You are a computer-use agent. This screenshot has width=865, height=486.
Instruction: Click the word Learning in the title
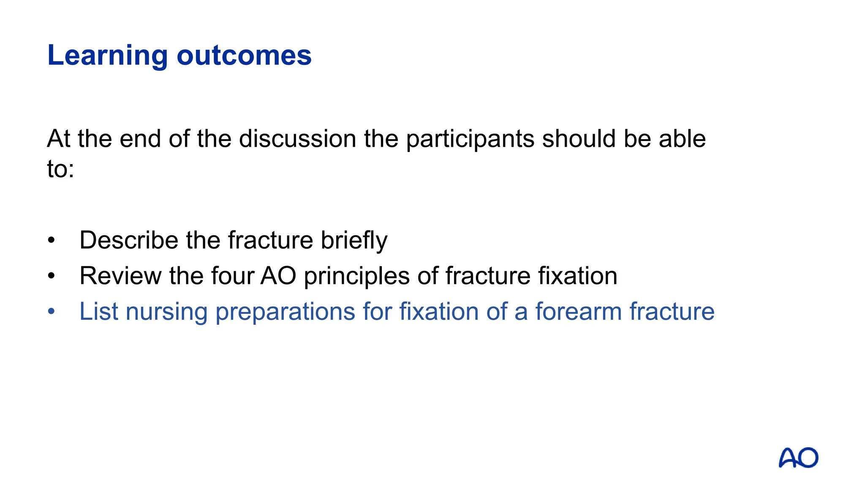click(x=107, y=55)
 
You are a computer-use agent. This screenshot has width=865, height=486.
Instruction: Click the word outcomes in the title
click(x=244, y=55)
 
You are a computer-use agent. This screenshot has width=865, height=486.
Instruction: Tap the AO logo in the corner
click(x=798, y=458)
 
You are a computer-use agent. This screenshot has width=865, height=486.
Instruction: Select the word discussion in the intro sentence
click(x=297, y=139)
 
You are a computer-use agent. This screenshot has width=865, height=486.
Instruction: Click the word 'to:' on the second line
click(x=60, y=169)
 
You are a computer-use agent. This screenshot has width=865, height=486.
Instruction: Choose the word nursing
click(x=166, y=312)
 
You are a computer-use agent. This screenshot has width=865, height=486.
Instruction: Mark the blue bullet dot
click(x=52, y=312)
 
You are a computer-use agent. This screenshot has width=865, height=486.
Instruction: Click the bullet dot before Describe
click(x=52, y=240)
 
